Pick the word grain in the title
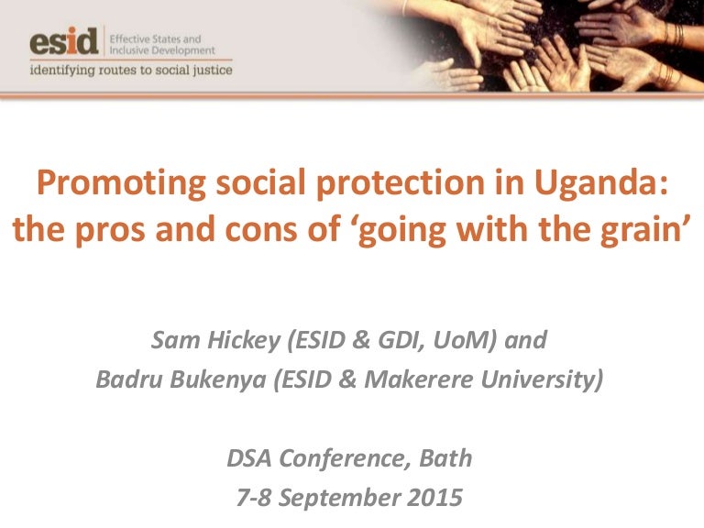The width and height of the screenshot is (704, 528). tap(637, 230)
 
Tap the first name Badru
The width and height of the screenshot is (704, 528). tap(128, 379)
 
